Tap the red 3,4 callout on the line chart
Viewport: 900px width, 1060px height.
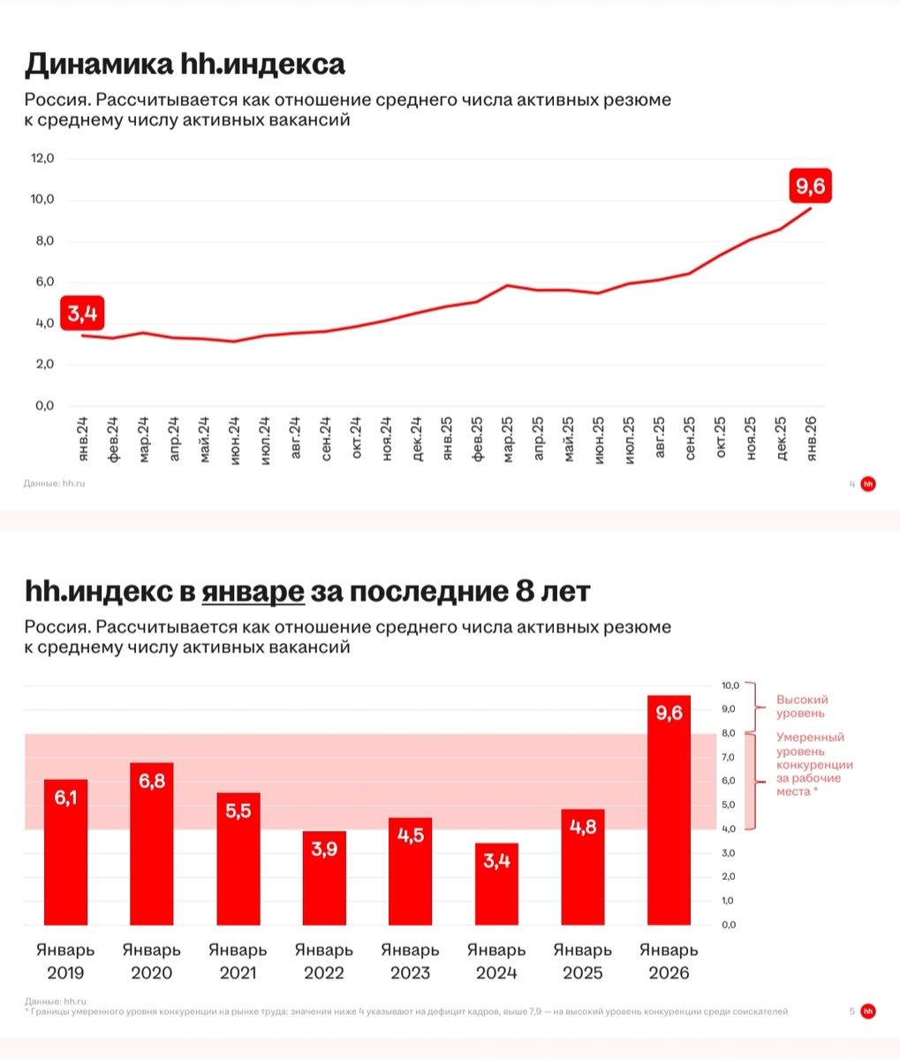tap(82, 312)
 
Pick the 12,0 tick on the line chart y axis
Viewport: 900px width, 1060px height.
tap(42, 158)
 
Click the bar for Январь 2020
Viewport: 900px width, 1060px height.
tap(152, 844)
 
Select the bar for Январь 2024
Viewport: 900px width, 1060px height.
tap(496, 883)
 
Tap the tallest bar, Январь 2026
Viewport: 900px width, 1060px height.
tap(669, 810)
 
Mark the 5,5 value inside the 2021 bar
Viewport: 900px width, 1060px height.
tap(238, 810)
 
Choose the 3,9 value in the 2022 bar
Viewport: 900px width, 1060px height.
tap(324, 850)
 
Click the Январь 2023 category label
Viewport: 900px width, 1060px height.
tap(410, 961)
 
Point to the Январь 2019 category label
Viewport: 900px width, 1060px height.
tap(65, 961)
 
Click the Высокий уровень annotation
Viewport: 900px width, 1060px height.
tap(802, 706)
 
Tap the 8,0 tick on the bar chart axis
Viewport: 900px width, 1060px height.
tap(728, 733)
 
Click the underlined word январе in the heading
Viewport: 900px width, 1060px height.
tap(253, 591)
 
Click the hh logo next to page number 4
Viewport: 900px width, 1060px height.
tap(868, 483)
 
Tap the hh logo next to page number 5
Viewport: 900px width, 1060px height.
tap(868, 1011)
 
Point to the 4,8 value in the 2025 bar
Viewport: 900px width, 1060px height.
tap(583, 829)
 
